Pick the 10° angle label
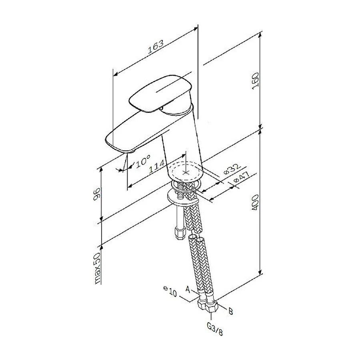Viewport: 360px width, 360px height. click(x=142, y=161)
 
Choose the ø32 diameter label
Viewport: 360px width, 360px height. click(x=232, y=169)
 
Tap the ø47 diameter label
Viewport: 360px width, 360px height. click(x=242, y=179)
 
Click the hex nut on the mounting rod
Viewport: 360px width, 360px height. click(x=178, y=232)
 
